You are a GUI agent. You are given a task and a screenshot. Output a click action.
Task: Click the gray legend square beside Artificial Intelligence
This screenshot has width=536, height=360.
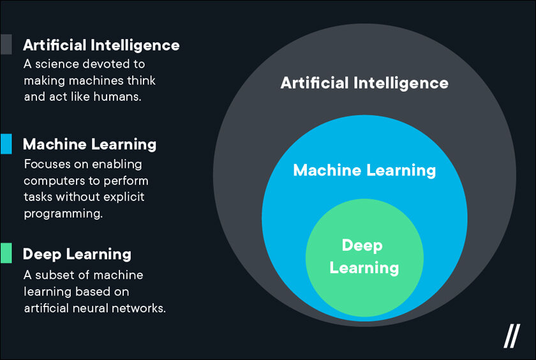(6, 44)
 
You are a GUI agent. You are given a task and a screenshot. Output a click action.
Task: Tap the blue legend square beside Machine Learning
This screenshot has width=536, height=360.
(6, 144)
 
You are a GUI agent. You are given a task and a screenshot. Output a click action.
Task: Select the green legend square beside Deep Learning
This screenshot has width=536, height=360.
(6, 253)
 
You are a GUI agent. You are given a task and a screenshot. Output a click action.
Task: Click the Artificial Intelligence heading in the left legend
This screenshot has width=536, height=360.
(101, 45)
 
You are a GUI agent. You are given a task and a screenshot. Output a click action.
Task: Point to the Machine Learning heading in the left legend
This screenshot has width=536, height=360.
(89, 145)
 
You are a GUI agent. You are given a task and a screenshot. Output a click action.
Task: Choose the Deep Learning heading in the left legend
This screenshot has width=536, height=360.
(77, 254)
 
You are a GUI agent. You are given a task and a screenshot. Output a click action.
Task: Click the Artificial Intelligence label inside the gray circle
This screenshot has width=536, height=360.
(364, 83)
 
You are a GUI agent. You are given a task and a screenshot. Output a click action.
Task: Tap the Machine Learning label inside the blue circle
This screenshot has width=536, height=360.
(364, 170)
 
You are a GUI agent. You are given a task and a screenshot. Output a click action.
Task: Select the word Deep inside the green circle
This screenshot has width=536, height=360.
(362, 246)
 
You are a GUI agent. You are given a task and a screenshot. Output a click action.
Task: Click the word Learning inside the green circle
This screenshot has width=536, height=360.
(364, 267)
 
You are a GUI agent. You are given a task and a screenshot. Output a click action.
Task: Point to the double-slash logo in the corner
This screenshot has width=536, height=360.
(512, 336)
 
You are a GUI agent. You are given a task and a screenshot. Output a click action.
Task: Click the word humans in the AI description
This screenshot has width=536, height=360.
(117, 97)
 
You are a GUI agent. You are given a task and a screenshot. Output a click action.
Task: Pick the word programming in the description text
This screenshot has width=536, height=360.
(63, 214)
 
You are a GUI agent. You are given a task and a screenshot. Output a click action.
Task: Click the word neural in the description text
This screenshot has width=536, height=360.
(90, 308)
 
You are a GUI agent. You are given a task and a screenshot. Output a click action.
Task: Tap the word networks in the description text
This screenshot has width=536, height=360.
(138, 308)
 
